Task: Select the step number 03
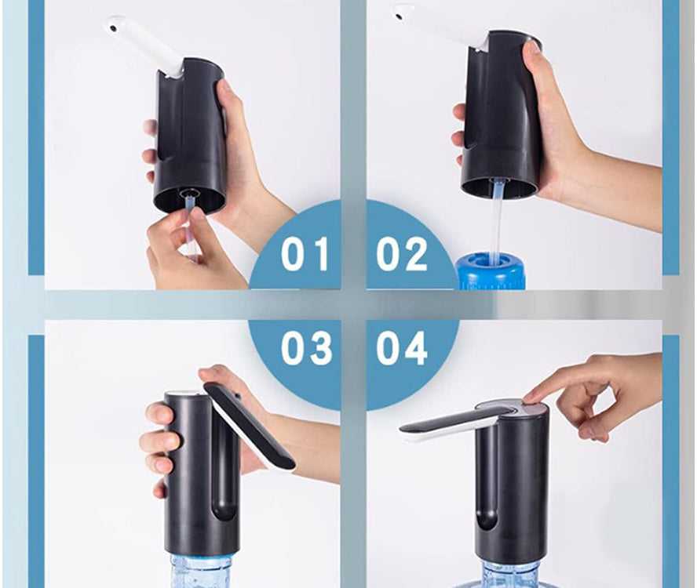coord(306,347)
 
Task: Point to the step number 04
coord(402,347)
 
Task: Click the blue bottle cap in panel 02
coord(490,271)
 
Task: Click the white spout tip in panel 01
coord(115,26)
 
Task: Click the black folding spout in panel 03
coord(249,425)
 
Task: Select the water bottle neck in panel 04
coord(511,573)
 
